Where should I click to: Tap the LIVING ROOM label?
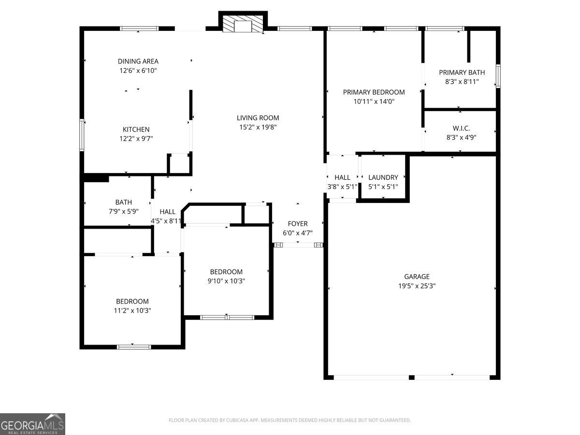(x=258, y=118)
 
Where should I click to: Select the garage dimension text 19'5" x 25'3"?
(x=417, y=286)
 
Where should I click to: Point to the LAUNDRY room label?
(x=383, y=177)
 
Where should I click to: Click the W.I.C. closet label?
(x=461, y=129)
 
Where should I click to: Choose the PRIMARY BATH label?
(x=462, y=72)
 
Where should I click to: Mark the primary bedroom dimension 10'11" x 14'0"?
(x=374, y=101)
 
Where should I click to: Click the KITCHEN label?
(x=136, y=130)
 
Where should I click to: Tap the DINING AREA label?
(x=138, y=61)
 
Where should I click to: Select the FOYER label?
(x=298, y=224)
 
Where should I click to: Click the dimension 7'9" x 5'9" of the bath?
(x=123, y=211)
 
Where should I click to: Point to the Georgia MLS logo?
(x=32, y=424)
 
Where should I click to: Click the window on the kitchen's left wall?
(x=82, y=135)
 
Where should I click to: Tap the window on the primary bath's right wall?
(x=498, y=76)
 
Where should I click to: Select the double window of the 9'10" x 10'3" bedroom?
(x=227, y=317)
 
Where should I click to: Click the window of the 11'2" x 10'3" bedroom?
(x=134, y=347)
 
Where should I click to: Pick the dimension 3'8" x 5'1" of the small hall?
(x=342, y=187)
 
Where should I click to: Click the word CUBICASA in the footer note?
(x=237, y=420)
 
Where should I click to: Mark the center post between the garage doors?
(x=411, y=377)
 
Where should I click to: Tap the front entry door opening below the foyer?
(x=298, y=245)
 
